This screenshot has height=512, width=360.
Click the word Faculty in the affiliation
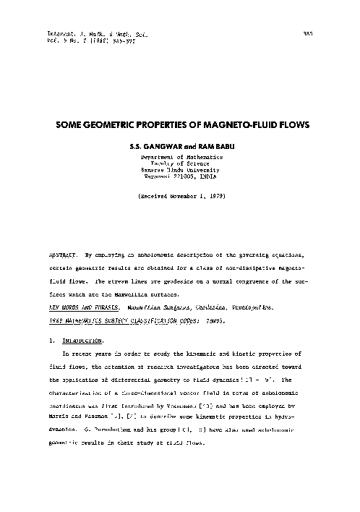coord(160,163)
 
